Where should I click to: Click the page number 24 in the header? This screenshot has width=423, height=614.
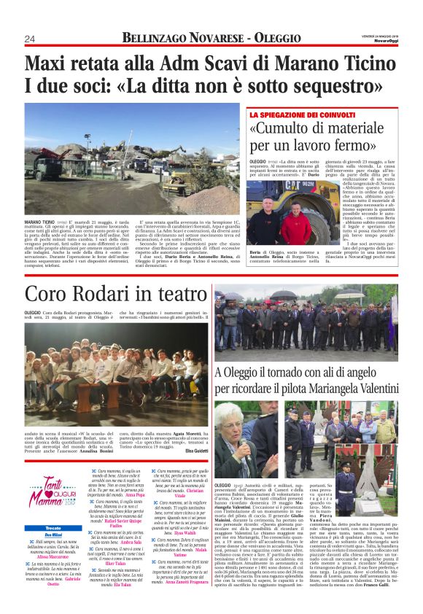(29, 38)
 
